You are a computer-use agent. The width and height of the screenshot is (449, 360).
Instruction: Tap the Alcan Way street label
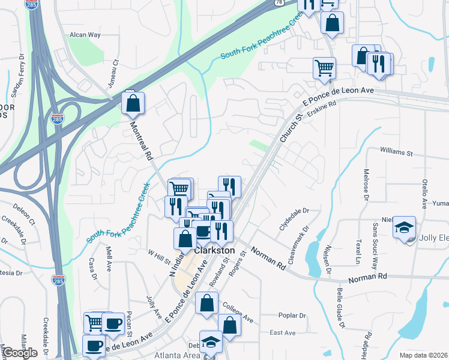85,35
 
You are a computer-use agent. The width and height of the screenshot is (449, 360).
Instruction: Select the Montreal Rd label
142,140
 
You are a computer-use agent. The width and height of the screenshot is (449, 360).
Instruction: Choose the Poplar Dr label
292,316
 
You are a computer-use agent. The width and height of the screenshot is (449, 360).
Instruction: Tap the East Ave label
283,332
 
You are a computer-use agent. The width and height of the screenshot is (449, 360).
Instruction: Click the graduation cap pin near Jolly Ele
405,228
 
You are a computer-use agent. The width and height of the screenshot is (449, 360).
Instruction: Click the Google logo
20,353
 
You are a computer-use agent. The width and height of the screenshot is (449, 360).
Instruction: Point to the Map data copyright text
424,355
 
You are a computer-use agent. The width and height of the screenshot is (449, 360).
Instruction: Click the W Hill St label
160,254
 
